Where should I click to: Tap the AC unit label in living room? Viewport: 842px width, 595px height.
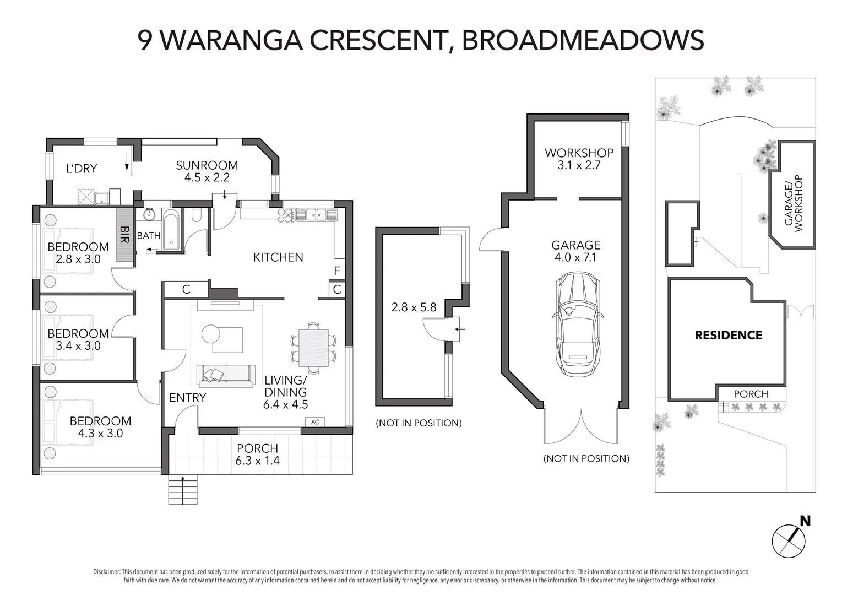315,422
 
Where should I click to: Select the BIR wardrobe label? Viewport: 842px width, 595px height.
124,234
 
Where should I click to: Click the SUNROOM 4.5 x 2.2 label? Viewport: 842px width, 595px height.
207,171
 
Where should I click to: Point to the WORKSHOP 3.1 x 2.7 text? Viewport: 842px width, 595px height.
579,159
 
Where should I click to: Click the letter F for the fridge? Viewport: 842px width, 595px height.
337,271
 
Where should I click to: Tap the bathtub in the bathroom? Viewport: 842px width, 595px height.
171,229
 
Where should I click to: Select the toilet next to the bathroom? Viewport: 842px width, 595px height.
196,215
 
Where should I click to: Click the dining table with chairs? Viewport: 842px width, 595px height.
313,348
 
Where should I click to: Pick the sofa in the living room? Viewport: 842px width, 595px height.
226,376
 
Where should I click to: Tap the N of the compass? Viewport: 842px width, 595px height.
805,521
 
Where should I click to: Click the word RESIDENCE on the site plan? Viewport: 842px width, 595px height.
729,335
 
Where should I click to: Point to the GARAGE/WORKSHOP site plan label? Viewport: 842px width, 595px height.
793,203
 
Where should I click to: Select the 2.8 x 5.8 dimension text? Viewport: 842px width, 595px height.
414,307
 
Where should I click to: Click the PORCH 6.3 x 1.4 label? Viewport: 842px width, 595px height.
258,455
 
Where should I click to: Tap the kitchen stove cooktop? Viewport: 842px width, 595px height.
286,215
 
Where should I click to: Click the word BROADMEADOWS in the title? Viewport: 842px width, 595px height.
583,40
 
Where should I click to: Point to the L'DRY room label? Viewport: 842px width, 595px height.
82,168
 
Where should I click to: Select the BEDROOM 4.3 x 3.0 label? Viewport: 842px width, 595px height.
100,427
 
